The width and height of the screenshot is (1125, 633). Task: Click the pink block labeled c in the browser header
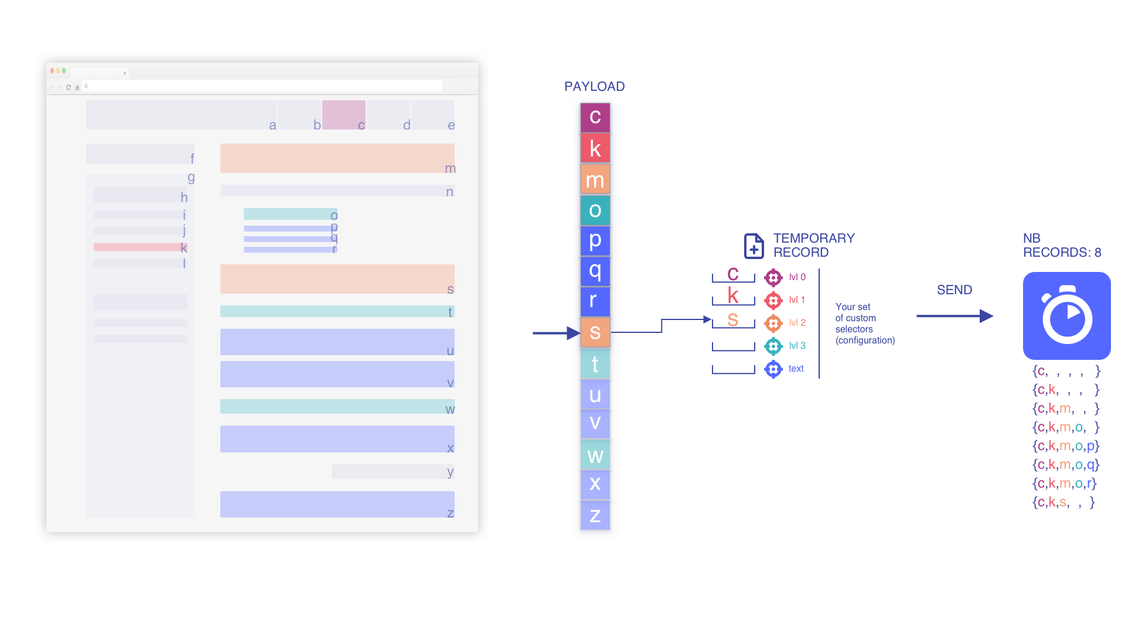click(x=343, y=114)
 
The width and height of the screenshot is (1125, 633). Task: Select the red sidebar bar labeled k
click(x=139, y=247)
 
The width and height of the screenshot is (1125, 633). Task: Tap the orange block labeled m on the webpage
click(x=337, y=158)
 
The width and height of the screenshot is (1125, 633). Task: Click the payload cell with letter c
click(x=595, y=117)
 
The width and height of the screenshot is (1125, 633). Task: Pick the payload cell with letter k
click(x=595, y=148)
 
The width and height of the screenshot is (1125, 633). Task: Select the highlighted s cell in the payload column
click(x=595, y=332)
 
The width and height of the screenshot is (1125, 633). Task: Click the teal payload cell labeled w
click(x=595, y=455)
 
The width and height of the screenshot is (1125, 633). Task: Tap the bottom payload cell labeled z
click(x=595, y=516)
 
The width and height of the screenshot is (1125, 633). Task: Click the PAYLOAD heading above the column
click(x=594, y=87)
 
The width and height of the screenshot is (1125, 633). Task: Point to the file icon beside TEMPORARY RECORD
click(x=754, y=246)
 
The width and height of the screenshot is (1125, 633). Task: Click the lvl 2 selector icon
click(x=773, y=323)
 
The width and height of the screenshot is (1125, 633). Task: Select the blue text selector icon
click(x=773, y=369)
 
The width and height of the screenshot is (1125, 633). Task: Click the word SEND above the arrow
click(x=954, y=290)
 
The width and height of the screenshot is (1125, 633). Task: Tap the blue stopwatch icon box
click(x=1066, y=316)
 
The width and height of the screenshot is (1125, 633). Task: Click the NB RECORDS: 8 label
click(x=1062, y=245)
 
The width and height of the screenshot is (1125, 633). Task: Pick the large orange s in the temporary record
click(x=732, y=319)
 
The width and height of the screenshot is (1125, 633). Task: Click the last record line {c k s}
click(x=1063, y=502)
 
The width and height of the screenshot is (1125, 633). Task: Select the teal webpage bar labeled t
click(x=337, y=311)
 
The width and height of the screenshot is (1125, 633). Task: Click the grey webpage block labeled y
click(x=393, y=471)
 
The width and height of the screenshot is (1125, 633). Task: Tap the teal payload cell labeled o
click(x=595, y=210)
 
